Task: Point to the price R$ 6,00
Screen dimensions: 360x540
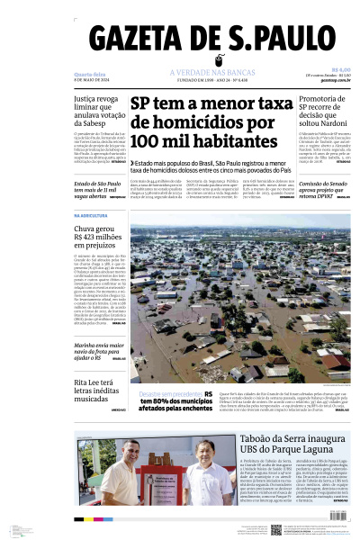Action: click(341, 69)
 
